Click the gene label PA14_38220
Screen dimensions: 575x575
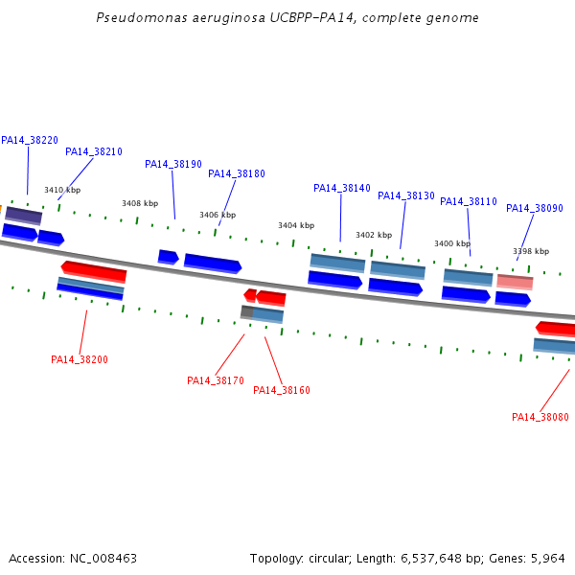[x=30, y=141]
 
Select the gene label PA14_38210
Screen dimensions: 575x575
[x=94, y=151]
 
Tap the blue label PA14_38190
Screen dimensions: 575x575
[x=173, y=164]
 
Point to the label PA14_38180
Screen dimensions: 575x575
[x=236, y=173]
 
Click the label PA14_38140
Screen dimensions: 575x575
[x=342, y=188]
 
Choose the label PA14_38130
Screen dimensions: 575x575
[x=406, y=195]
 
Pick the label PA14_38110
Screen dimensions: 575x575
[x=469, y=201]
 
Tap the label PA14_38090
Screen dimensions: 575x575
[x=535, y=208]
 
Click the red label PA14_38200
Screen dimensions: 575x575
[x=80, y=359]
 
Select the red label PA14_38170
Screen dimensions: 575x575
[x=216, y=380]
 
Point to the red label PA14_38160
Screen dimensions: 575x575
[x=282, y=390]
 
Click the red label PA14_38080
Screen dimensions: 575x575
[x=540, y=417]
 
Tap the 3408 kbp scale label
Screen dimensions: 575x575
[x=140, y=203]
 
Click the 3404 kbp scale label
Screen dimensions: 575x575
[x=296, y=225]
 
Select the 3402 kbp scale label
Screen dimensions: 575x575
[x=374, y=235]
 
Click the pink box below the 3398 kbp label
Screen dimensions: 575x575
[x=515, y=282]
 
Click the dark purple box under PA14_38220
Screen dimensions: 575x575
[x=23, y=216]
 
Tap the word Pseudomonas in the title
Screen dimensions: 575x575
[x=142, y=17]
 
